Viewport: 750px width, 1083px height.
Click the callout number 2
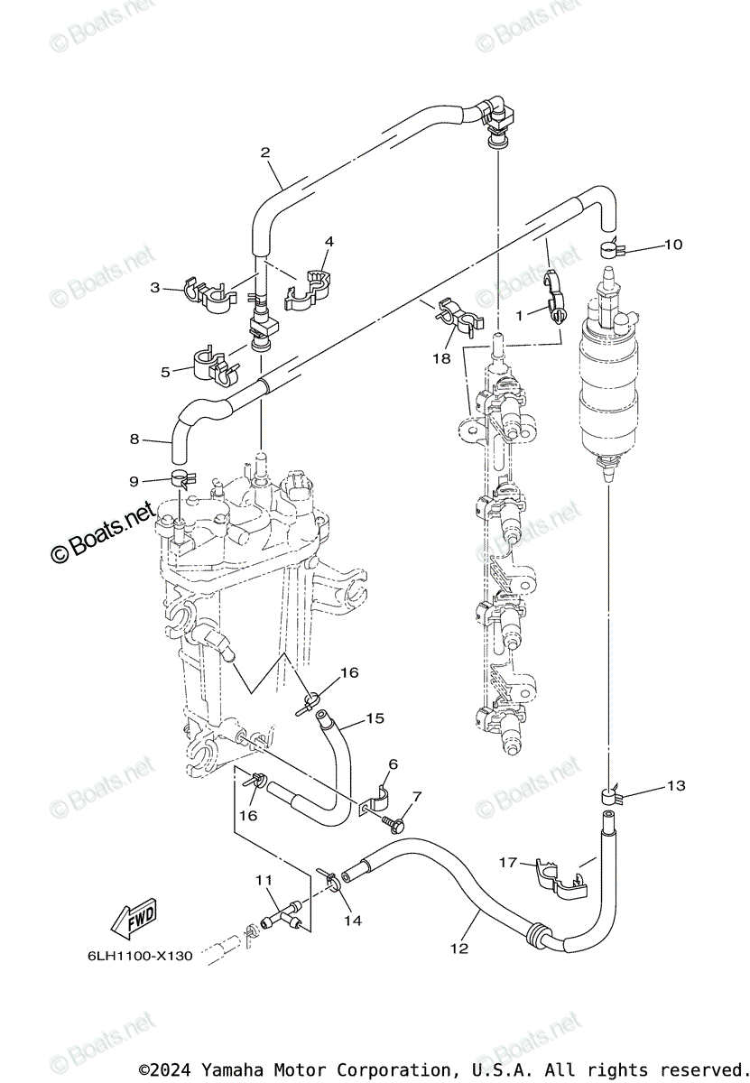point(265,153)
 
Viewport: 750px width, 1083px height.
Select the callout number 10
point(673,245)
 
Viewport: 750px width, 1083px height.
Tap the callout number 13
point(675,786)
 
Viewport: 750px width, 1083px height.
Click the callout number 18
point(440,358)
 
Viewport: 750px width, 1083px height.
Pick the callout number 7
point(417,796)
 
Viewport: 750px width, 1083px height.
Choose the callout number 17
point(509,863)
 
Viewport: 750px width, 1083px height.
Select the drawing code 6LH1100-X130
point(141,956)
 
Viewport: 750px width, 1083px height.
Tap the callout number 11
point(263,880)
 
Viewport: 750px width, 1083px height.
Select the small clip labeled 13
point(610,795)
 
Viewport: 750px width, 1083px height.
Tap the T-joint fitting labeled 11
point(281,915)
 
